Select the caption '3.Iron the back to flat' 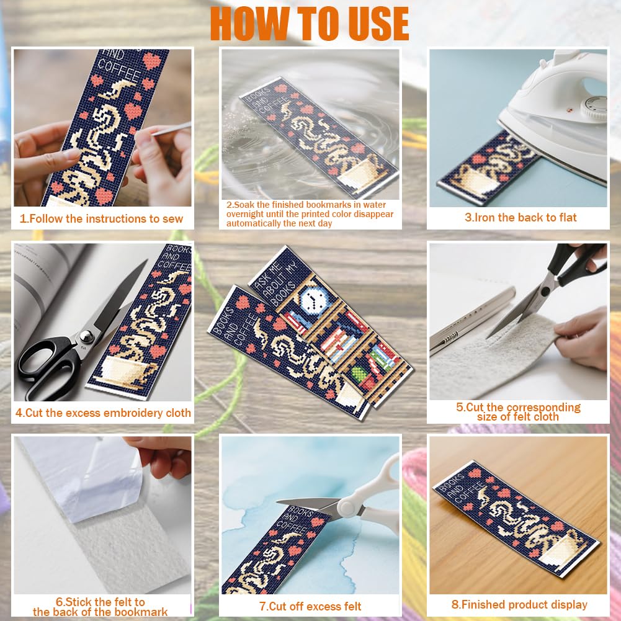pos(520,217)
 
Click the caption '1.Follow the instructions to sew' pos(101,218)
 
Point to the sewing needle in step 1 pos(171,128)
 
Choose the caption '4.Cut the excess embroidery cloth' pos(103,413)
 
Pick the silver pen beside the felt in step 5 pos(472,321)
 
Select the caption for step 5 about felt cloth pos(518,412)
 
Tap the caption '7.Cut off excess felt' pos(310,606)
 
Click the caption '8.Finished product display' pos(519,605)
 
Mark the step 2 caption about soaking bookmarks pos(310,214)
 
